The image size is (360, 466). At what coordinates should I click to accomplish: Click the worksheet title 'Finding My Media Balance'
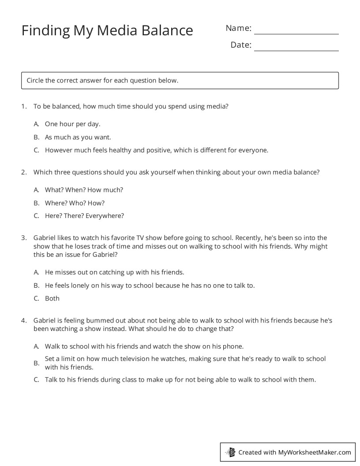pos(107,30)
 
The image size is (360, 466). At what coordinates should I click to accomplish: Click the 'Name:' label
pos(238,28)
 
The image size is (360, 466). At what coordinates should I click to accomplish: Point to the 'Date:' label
pos(241,45)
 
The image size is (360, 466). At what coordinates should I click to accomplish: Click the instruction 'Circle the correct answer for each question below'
pos(102,80)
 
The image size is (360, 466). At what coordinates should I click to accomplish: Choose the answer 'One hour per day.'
pos(72,124)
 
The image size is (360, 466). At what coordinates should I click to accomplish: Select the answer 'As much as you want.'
pos(78,137)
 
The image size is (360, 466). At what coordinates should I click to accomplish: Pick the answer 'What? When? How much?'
pos(84,190)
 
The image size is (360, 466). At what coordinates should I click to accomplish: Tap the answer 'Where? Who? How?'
pos(75,203)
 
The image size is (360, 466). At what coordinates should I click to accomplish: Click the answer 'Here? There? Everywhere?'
pos(84,216)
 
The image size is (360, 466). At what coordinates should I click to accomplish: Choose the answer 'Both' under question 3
pos(52,298)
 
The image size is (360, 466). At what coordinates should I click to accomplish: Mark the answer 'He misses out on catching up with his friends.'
pos(114,272)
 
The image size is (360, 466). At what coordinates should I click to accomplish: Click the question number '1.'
pos(24,106)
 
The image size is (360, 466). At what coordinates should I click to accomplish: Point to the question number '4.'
pos(24,320)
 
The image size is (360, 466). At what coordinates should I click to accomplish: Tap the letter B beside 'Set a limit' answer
pos(37,363)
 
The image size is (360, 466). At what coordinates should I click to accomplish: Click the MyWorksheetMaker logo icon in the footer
pos(231,452)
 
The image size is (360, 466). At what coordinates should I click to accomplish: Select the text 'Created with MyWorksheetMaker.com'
pos(294,452)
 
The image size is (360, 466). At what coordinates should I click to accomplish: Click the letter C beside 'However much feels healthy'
pos(37,150)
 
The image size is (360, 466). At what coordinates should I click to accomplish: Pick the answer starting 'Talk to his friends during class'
pos(180,380)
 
